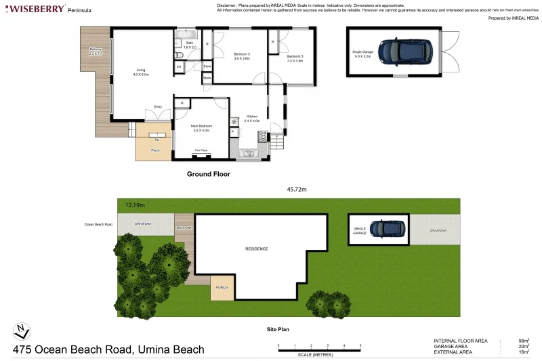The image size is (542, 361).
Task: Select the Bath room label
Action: coord(190,45)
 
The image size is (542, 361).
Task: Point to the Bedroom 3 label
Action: coord(295,57)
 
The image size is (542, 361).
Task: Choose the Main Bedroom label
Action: coord(201,127)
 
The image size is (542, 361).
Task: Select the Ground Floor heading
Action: coord(208,174)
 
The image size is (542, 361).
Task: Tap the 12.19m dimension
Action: coord(135,204)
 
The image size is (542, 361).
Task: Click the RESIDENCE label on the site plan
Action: coord(256,249)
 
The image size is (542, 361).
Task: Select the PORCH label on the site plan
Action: coord(222,287)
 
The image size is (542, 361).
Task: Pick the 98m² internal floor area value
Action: coord(523,340)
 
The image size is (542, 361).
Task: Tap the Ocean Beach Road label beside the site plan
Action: coord(98,224)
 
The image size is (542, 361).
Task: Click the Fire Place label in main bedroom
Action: coord(201,150)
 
